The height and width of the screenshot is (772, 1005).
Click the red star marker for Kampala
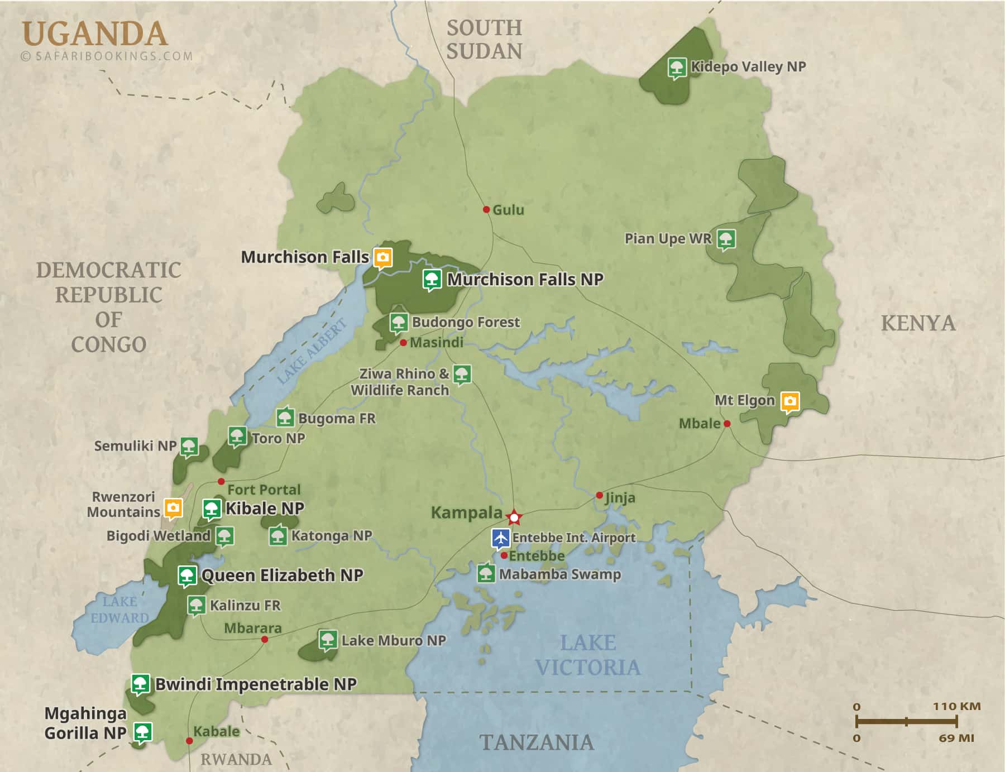click(x=514, y=517)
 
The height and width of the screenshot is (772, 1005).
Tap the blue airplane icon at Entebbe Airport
click(x=501, y=538)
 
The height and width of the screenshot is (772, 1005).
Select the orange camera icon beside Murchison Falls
click(x=382, y=257)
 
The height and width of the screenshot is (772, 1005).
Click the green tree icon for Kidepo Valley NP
click(x=677, y=68)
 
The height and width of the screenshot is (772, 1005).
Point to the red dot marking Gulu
click(x=486, y=209)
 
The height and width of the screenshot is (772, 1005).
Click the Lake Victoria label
click(x=587, y=655)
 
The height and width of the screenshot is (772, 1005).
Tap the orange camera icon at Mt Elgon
click(x=789, y=401)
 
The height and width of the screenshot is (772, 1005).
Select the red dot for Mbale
click(x=727, y=424)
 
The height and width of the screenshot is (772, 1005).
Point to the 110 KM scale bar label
click(x=956, y=706)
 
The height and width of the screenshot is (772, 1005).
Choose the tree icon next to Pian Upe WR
click(x=725, y=239)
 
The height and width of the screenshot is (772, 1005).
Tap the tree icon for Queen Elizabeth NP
click(x=187, y=575)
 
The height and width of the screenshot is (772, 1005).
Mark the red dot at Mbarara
click(x=265, y=639)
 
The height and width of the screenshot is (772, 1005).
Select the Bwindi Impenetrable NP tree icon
click(x=140, y=683)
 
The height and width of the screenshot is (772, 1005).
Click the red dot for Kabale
click(x=189, y=741)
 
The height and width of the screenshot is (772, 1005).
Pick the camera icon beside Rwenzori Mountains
click(x=173, y=507)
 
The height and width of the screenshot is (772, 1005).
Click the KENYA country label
click(x=918, y=323)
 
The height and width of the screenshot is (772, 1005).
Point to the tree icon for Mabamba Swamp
click(x=486, y=573)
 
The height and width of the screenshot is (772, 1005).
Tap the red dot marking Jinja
click(x=599, y=495)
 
